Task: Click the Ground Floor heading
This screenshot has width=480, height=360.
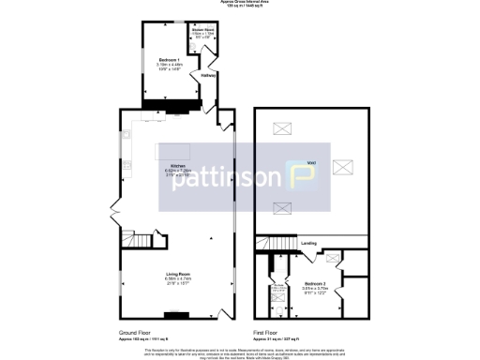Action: [136, 333]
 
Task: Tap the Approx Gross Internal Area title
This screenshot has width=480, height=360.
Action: [239, 3]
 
